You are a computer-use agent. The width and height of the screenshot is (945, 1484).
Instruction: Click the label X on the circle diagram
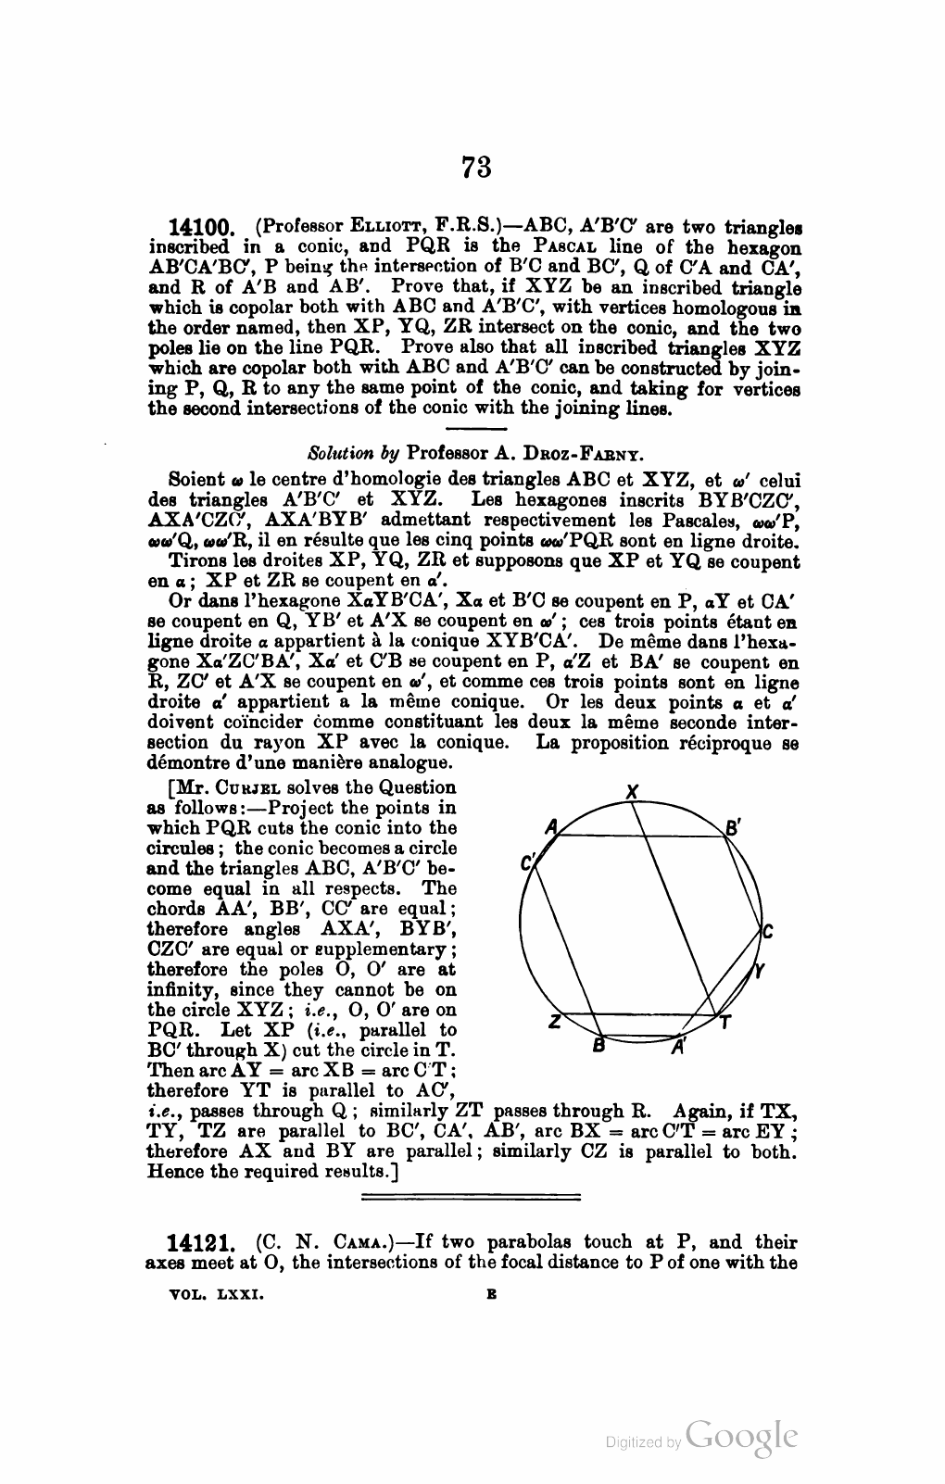632,792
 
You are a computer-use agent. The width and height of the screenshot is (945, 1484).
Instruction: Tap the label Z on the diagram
554,1022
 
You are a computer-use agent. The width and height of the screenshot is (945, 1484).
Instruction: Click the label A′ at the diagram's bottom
678,1048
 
